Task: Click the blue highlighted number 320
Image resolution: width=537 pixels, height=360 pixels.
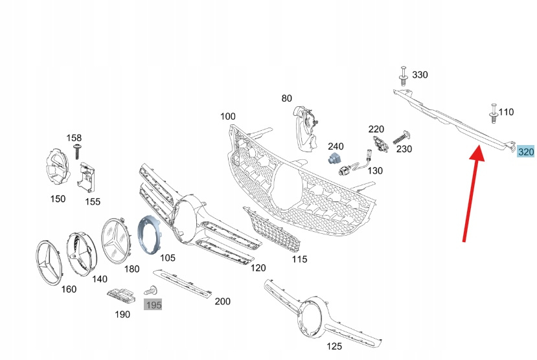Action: click(x=525, y=152)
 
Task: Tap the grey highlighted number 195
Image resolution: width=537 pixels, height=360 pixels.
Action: click(x=154, y=304)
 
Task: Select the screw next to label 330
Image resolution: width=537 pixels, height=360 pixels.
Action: click(x=403, y=76)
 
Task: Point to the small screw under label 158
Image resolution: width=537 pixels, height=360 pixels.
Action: click(x=76, y=150)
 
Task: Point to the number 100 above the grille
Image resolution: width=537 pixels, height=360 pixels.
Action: click(x=227, y=117)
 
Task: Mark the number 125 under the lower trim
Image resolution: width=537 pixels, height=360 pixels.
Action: click(x=334, y=346)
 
